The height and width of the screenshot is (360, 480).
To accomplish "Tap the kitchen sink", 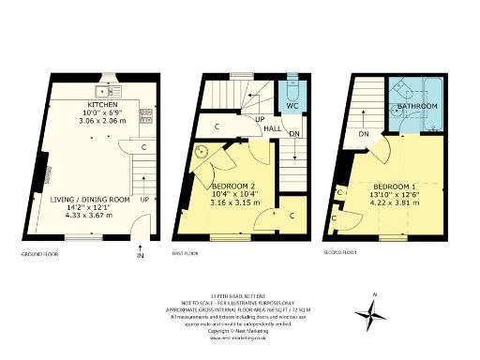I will [112, 92].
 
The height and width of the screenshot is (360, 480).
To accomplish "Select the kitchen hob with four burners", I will [147, 116].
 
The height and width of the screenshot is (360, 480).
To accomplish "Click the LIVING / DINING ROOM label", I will [91, 199].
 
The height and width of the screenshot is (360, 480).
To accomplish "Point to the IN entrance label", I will [141, 255].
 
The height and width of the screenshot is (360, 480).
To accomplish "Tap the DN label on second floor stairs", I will [363, 135].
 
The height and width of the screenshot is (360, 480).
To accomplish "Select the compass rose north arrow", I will [372, 314].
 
